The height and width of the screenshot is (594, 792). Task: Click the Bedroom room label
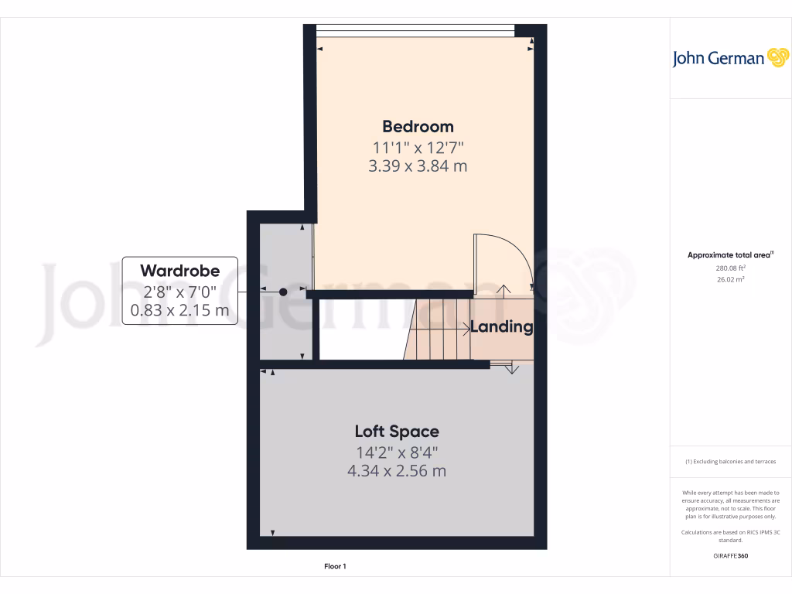point(418,126)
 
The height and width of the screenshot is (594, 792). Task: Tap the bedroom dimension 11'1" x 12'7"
point(418,146)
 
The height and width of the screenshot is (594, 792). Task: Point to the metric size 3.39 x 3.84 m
point(418,166)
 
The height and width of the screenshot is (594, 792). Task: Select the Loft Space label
point(397,432)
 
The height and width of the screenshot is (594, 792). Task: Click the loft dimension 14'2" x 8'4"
point(397,452)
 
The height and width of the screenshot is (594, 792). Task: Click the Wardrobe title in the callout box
point(179,271)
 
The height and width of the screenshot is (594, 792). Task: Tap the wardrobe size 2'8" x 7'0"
point(179,292)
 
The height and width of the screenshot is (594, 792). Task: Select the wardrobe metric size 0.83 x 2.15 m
point(179,311)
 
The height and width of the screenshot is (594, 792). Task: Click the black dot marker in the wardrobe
point(283,292)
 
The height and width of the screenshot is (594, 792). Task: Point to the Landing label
point(502,326)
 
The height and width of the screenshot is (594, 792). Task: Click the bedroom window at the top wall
point(415,30)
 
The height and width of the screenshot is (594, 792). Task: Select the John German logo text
point(718,59)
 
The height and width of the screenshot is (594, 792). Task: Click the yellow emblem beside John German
point(777,58)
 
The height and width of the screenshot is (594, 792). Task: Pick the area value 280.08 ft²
point(715,268)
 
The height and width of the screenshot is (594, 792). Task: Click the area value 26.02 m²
point(715,279)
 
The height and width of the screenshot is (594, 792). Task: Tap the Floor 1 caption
point(335,567)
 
